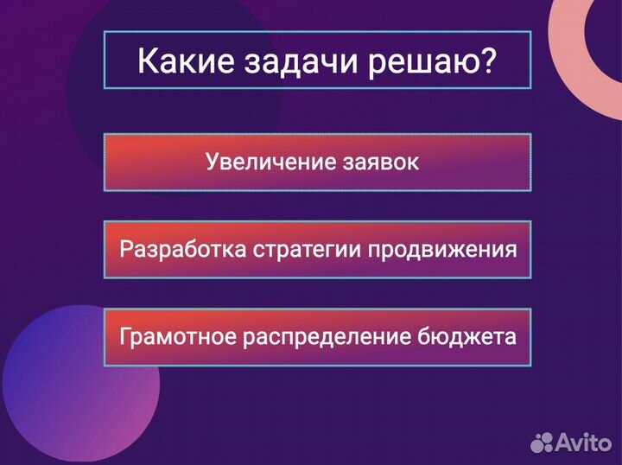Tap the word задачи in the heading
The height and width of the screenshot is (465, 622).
click(288, 62)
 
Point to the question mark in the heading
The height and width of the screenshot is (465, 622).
click(488, 61)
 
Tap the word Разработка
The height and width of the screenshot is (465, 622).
click(182, 251)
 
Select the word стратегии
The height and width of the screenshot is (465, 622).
click(307, 251)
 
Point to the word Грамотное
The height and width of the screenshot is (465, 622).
click(177, 336)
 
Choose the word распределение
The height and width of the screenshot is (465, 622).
click(327, 337)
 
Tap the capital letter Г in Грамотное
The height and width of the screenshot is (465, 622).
click(126, 335)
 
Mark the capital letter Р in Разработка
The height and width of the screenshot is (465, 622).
click(127, 250)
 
